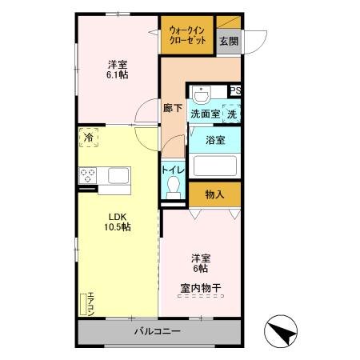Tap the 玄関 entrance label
(x=228, y=42)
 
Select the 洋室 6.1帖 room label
(x=118, y=68)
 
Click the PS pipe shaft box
(x=236, y=91)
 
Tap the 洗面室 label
(x=204, y=114)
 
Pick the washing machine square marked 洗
(x=231, y=114)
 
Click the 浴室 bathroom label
(x=214, y=140)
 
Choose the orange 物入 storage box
(x=214, y=194)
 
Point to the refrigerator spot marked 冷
(x=90, y=138)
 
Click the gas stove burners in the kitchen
(x=87, y=176)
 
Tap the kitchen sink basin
(x=118, y=175)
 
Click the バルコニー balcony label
(x=157, y=331)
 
